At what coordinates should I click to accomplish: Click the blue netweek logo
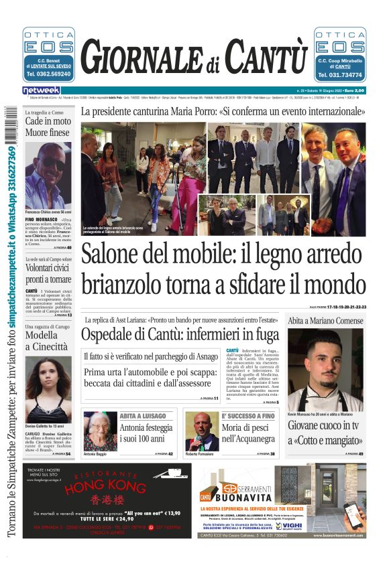(42, 90)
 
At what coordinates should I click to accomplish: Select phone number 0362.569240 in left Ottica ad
(48, 74)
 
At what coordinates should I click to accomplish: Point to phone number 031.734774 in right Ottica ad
(340, 74)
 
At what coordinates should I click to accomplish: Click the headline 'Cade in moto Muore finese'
(47, 127)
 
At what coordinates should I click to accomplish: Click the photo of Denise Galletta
(48, 389)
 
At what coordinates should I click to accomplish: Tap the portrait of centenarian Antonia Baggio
(100, 432)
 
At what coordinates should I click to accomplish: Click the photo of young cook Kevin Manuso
(325, 370)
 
